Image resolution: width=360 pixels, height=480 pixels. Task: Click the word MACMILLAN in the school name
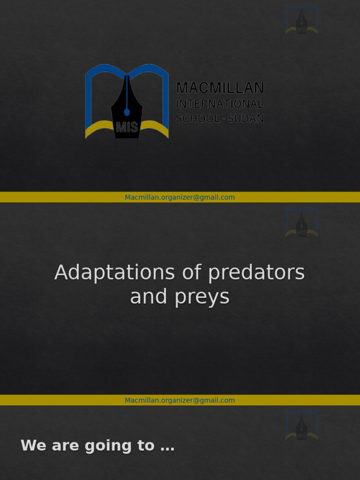[x=220, y=88]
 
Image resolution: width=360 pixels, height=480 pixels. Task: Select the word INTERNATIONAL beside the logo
[x=220, y=104]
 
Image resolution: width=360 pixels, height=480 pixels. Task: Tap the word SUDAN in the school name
[x=246, y=119]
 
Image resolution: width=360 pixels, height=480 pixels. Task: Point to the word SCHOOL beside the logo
[x=198, y=119]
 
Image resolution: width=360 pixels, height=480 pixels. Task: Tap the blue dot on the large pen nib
[x=127, y=112]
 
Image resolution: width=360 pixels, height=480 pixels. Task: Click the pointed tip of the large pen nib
[x=127, y=76]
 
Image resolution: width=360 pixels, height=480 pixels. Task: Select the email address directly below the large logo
[x=180, y=197]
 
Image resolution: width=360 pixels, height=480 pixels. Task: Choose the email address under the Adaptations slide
[x=180, y=400]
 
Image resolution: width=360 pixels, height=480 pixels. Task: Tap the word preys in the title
[x=202, y=297]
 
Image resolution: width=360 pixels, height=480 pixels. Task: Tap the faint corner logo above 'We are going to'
[x=302, y=425]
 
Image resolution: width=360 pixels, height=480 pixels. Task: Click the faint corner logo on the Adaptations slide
[x=302, y=222]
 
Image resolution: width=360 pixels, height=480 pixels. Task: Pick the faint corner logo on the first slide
[x=302, y=19]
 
